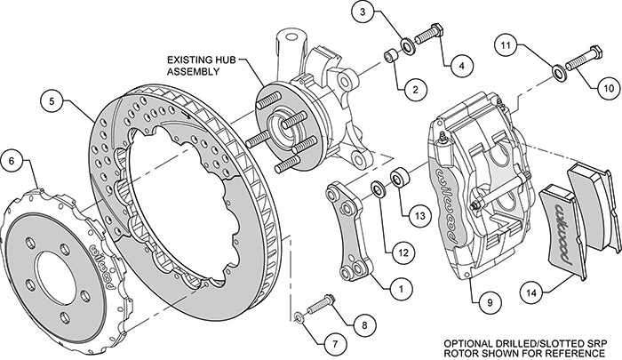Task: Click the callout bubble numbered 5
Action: tap(54, 102)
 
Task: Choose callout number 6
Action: tap(12, 162)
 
